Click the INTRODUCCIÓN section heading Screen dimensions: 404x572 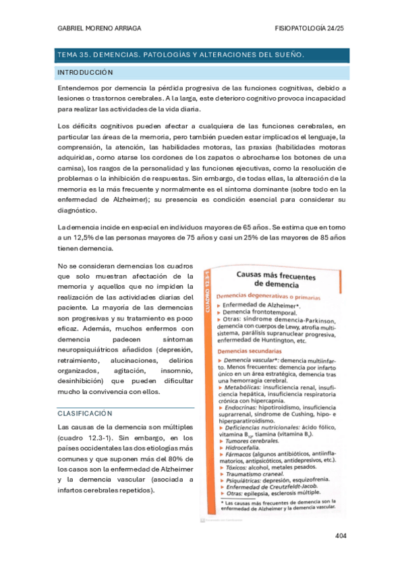click(x=86, y=72)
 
